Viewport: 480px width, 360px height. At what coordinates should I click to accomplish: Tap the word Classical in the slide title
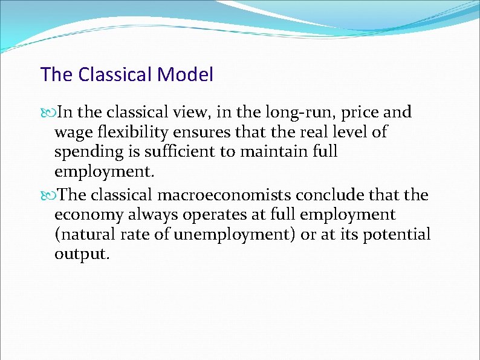[115, 75]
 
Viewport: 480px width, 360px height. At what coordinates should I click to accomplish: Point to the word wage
[71, 133]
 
